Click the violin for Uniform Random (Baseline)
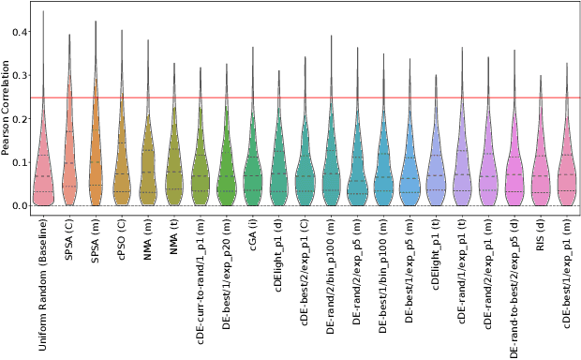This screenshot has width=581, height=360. (x=42, y=169)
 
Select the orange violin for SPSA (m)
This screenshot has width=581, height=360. (x=95, y=159)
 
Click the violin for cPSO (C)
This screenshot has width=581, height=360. (x=121, y=169)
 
